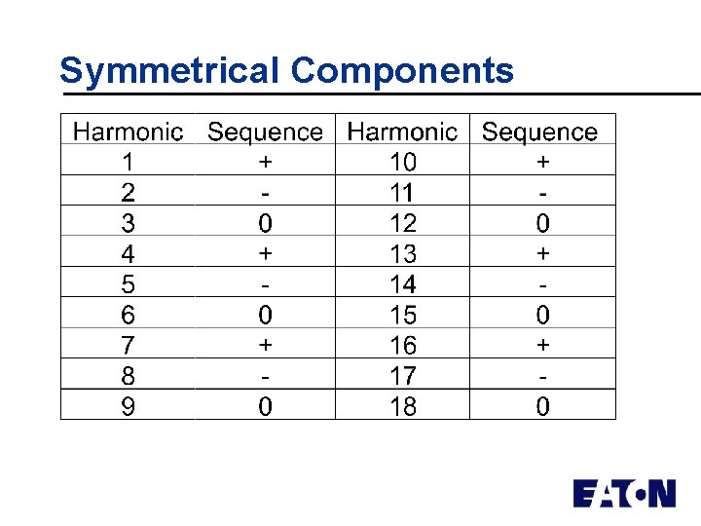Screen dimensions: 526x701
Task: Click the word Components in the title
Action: pyautogui.click(x=401, y=70)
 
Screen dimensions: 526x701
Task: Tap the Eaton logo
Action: pyautogui.click(x=623, y=493)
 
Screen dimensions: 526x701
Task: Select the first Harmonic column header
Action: pyautogui.click(x=128, y=131)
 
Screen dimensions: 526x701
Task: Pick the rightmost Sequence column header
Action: pyautogui.click(x=539, y=131)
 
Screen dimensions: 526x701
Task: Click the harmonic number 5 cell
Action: pyautogui.click(x=128, y=284)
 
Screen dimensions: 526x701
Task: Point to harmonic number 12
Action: pyautogui.click(x=402, y=223)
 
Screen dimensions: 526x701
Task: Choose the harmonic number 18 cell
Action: pyautogui.click(x=402, y=406)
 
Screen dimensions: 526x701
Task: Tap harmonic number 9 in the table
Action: pyautogui.click(x=128, y=406)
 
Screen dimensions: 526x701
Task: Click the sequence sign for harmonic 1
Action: pyautogui.click(x=265, y=162)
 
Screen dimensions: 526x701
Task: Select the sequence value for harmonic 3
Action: pyautogui.click(x=265, y=223)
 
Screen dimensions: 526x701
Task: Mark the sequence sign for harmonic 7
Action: pyautogui.click(x=265, y=345)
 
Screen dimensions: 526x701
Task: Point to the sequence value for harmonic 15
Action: pyautogui.click(x=542, y=315)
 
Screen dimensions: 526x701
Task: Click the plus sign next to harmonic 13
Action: pyautogui.click(x=542, y=253)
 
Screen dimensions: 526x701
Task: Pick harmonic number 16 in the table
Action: pyautogui.click(x=402, y=345)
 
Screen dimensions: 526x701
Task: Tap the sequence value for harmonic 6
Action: pyautogui.click(x=265, y=315)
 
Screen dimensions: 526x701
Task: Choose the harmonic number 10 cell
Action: pyautogui.click(x=402, y=162)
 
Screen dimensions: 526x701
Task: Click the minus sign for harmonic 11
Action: pyautogui.click(x=542, y=193)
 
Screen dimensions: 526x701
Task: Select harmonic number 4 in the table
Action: pyautogui.click(x=128, y=253)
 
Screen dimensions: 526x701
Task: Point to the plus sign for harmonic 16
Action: pyautogui.click(x=542, y=345)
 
